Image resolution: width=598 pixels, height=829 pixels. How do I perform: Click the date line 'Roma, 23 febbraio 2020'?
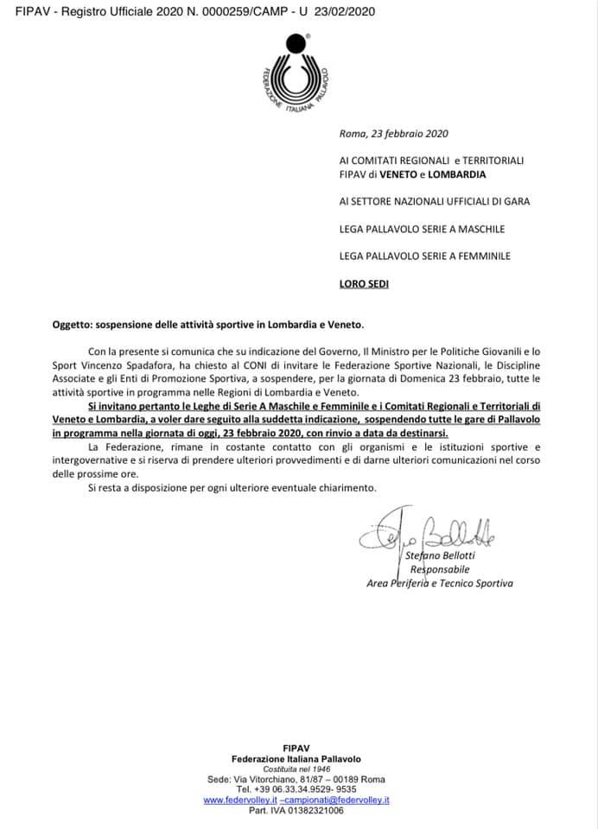[394, 133]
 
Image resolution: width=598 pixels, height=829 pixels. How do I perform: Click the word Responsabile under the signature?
[441, 569]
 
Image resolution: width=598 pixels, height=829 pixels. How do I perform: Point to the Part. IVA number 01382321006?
[296, 811]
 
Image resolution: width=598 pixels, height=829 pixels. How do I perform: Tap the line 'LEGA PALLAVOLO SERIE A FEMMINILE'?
[425, 256]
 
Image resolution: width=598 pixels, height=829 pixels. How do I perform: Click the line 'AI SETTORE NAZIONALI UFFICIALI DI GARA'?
[435, 201]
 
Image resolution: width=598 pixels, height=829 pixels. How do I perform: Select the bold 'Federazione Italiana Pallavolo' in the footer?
[296, 758]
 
